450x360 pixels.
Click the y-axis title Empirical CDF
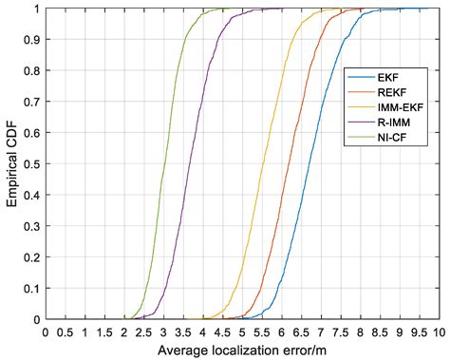(10, 163)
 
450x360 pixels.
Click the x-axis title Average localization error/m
(241, 351)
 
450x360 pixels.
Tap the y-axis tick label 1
(38, 9)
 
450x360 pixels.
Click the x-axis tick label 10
(438, 332)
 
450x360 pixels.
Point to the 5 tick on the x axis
(241, 332)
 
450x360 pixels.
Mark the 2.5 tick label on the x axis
(143, 332)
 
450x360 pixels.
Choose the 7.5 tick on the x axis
(340, 332)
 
